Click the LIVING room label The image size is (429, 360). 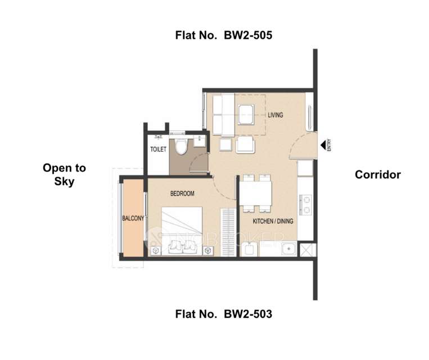[x=275, y=115]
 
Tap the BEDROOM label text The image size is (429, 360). [x=182, y=193]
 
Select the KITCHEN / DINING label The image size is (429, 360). [x=273, y=221]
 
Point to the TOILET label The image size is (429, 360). [x=157, y=150]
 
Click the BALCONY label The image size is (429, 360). [x=134, y=218]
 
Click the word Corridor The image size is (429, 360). [x=377, y=174]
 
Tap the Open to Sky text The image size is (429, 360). [x=65, y=174]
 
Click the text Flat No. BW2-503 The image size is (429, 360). [x=224, y=314]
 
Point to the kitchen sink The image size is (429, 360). [x=288, y=249]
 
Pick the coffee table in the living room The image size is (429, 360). [x=246, y=114]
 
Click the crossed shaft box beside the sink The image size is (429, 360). [x=308, y=249]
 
